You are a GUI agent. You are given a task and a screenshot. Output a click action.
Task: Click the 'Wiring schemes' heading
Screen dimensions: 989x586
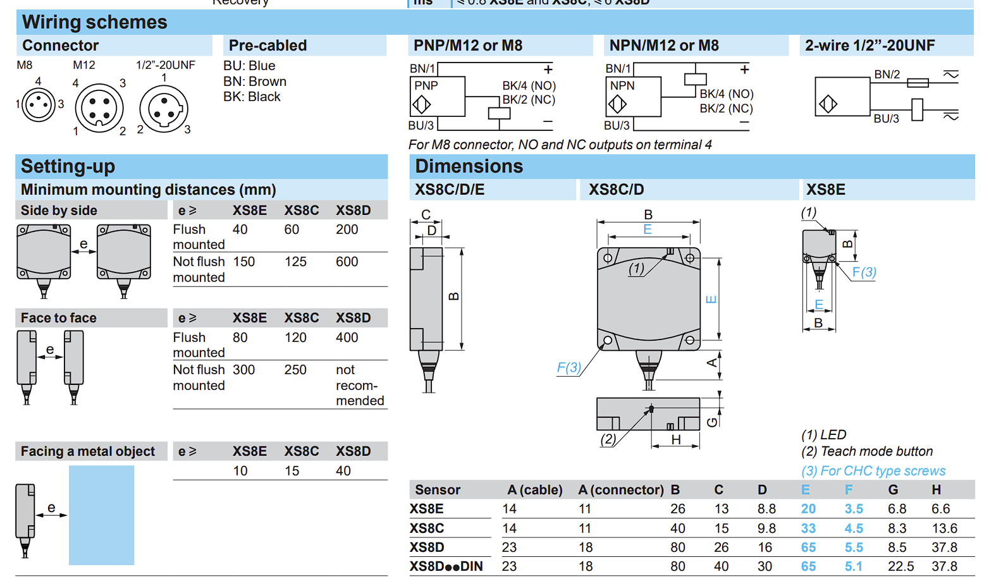pyautogui.click(x=94, y=22)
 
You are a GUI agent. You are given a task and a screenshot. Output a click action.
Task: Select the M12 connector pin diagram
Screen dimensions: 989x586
pyautogui.click(x=99, y=108)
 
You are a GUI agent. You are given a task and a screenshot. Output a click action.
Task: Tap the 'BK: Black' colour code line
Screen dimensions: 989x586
pyautogui.click(x=252, y=97)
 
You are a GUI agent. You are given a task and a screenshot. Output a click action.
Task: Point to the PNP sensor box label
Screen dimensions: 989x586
pyautogui.click(x=426, y=85)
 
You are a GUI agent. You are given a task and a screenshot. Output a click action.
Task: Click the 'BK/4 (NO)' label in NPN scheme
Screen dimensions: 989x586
pyautogui.click(x=727, y=94)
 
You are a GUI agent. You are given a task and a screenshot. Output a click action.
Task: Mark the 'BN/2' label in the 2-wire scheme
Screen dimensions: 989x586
pyautogui.click(x=887, y=74)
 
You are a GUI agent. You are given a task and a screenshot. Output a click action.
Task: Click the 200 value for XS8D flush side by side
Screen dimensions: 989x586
pyautogui.click(x=347, y=229)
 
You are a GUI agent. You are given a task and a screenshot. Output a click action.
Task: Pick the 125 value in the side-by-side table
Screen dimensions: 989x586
pyautogui.click(x=295, y=262)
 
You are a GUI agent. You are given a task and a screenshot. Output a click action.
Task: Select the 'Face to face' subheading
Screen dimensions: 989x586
pyautogui.click(x=58, y=318)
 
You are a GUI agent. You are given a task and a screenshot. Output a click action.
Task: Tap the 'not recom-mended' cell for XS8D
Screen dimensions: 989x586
pyautogui.click(x=359, y=385)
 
